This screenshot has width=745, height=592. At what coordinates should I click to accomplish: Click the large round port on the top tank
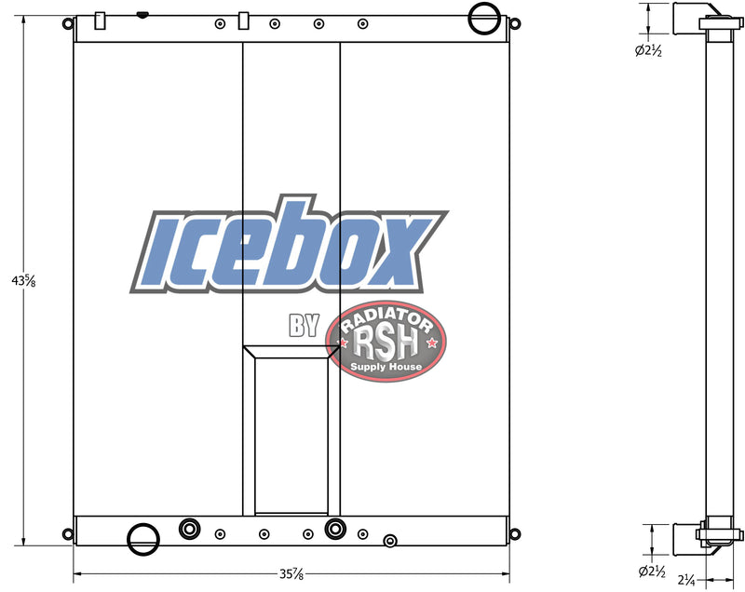[484, 16]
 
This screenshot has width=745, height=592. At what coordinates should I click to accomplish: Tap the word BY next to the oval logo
[304, 326]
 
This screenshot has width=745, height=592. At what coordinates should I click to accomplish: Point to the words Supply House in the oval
[386, 367]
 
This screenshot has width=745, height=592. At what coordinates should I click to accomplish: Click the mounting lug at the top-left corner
[67, 24]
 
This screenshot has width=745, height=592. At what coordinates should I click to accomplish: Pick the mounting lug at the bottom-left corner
[67, 533]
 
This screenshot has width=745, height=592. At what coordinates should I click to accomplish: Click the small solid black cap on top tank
[142, 14]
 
